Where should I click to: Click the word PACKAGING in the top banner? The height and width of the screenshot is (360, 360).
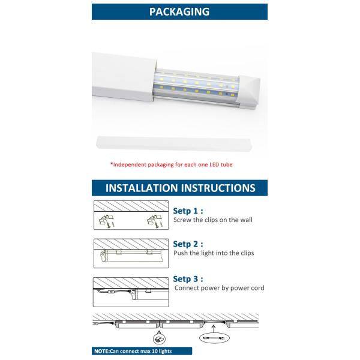[179, 11]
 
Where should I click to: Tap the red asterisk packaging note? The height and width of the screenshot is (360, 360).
[171, 164]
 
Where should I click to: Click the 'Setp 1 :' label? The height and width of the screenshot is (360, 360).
[188, 211]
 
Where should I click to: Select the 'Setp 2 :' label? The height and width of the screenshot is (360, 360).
[188, 244]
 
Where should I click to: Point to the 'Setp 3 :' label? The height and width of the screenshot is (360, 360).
[188, 279]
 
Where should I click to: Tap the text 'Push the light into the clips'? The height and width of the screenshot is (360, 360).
[213, 253]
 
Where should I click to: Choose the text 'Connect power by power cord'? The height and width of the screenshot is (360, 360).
[219, 288]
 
